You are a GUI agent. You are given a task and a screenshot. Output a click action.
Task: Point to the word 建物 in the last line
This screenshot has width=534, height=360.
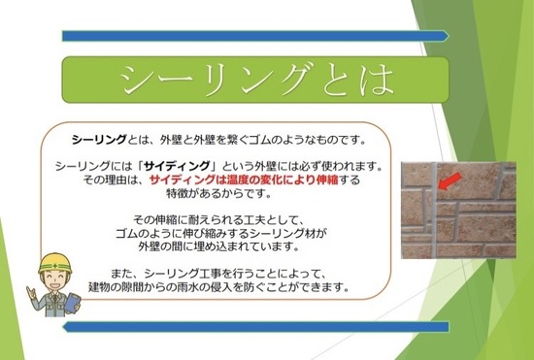pos(95,288)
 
